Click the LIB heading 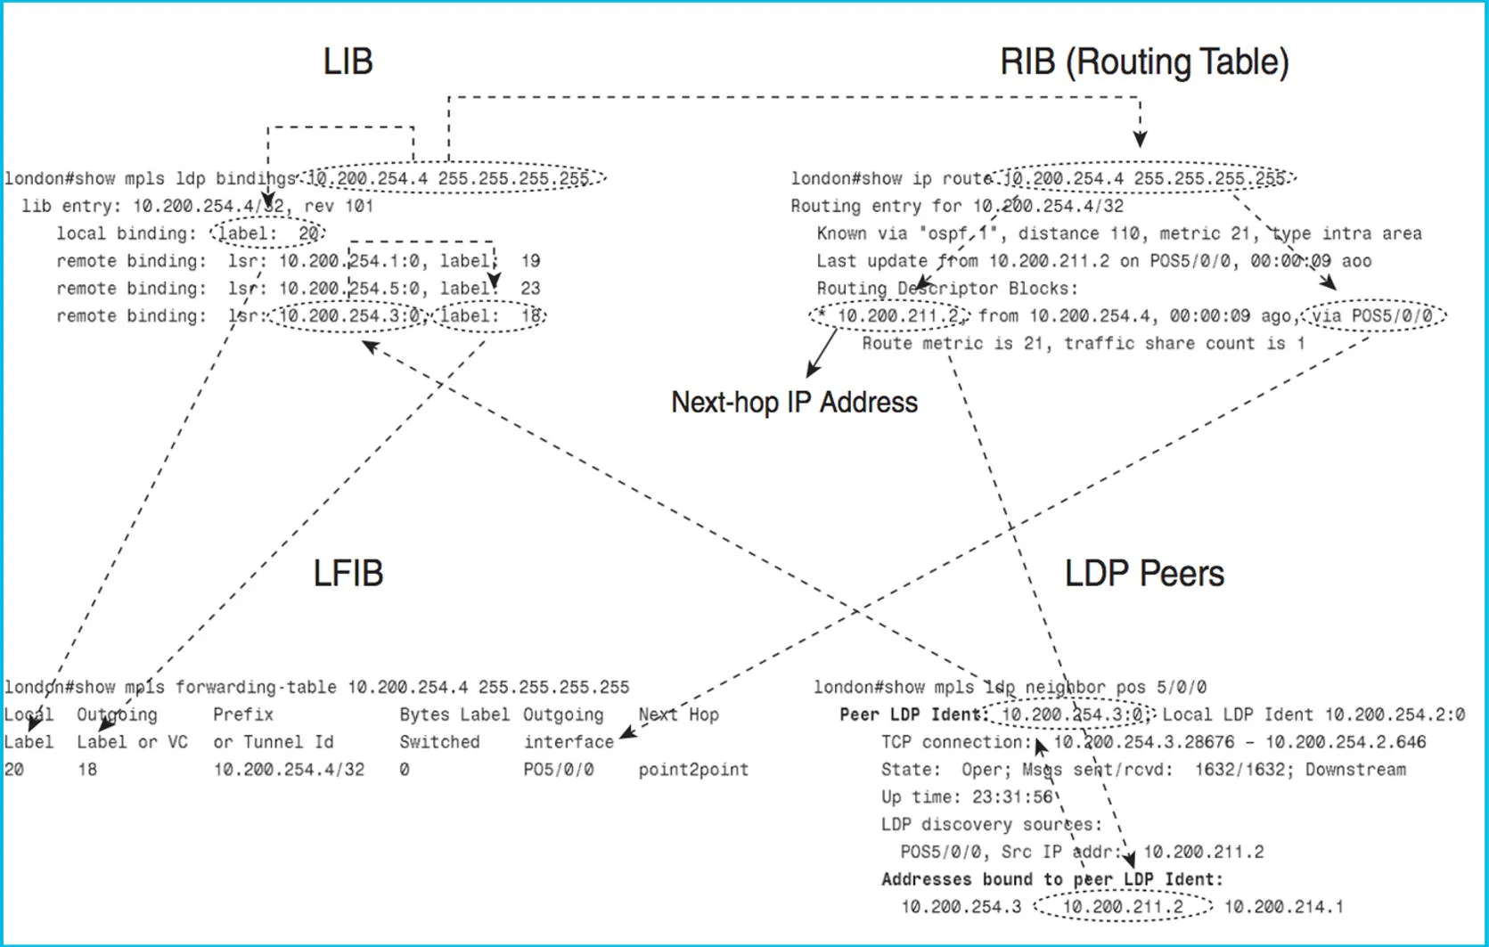click(x=348, y=61)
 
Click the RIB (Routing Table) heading click(x=1144, y=61)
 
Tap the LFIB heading click(x=348, y=573)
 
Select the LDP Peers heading click(x=1144, y=573)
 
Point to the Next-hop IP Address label click(x=794, y=403)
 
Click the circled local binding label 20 click(x=268, y=233)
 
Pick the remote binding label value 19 click(x=530, y=261)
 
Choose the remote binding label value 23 click(x=530, y=289)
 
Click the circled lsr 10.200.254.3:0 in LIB click(x=349, y=316)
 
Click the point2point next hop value click(x=693, y=770)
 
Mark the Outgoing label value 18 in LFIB click(x=87, y=770)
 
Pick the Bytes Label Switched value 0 click(x=405, y=770)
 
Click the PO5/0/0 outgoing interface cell click(x=559, y=770)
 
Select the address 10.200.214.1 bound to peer click(x=1283, y=907)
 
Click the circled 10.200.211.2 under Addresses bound click(x=1124, y=907)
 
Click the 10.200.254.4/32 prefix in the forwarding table click(x=289, y=770)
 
